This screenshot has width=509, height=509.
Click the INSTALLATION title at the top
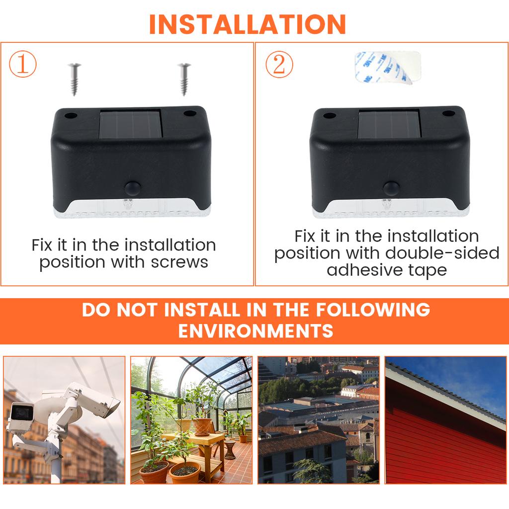(247, 24)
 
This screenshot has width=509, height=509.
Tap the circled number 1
(23, 65)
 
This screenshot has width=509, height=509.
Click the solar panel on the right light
(390, 125)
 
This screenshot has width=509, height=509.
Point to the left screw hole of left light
(71, 116)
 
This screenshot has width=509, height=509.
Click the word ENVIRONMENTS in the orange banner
(255, 331)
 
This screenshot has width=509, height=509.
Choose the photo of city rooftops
(318, 420)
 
